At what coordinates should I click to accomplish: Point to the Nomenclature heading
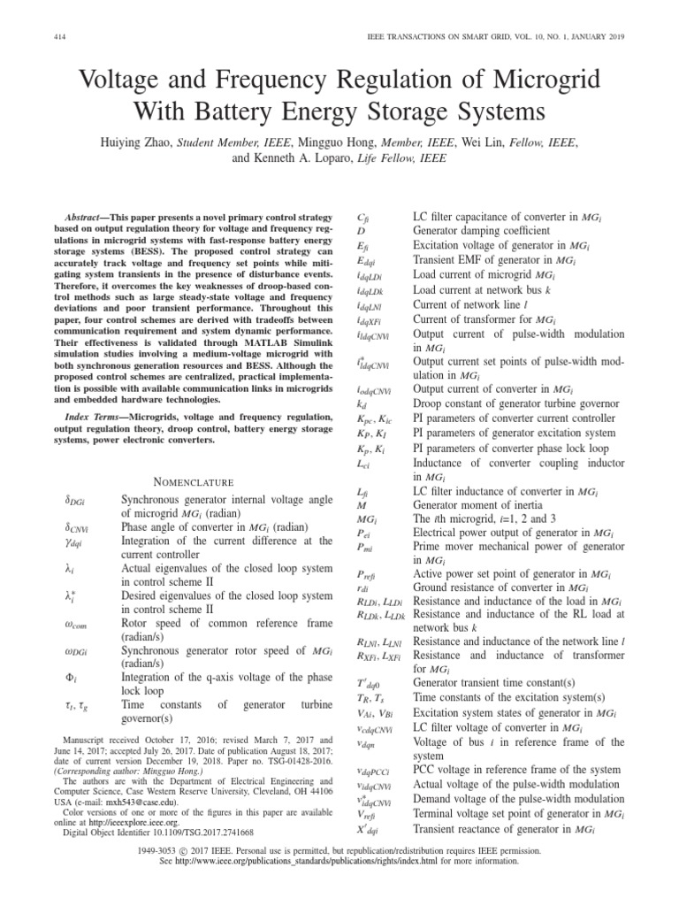(x=194, y=482)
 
